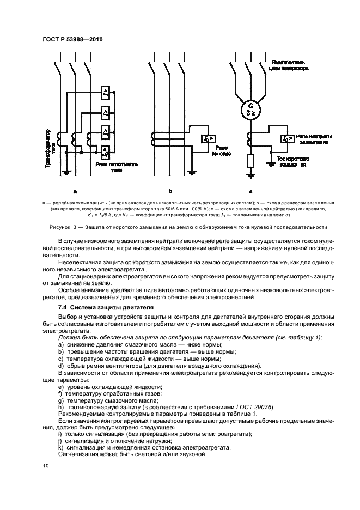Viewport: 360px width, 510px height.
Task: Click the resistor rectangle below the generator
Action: click(250, 161)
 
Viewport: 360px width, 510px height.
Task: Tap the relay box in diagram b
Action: click(207, 139)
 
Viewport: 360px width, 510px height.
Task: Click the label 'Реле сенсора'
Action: click(223, 150)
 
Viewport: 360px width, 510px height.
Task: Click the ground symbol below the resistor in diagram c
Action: click(250, 175)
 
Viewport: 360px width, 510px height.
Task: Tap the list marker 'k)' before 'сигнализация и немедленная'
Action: click(60, 448)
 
